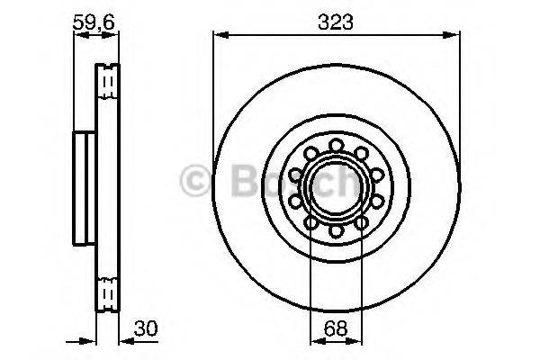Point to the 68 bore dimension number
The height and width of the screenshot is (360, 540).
point(335,328)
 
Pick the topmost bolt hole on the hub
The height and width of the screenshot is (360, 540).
point(335,144)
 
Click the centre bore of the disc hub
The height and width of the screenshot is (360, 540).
point(335,188)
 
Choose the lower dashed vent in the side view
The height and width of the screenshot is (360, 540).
point(107,292)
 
